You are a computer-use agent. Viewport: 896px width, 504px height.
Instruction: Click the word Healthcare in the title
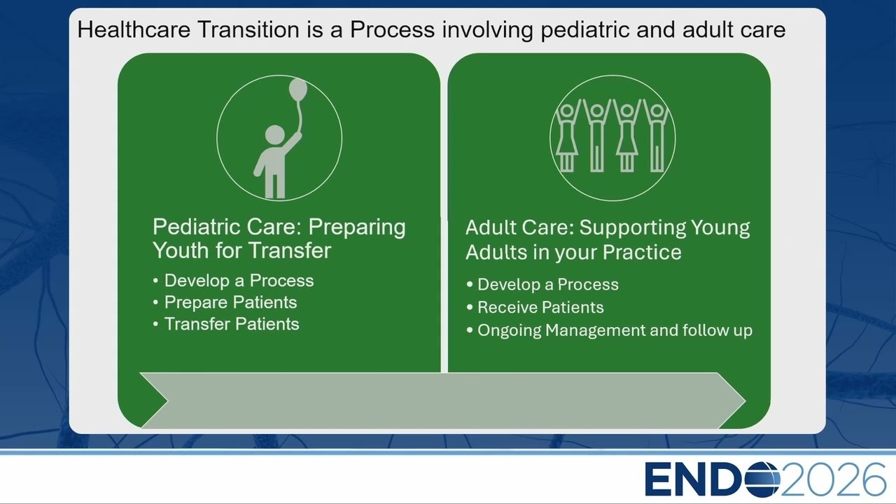click(134, 29)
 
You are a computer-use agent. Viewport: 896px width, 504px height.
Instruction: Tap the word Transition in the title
click(248, 29)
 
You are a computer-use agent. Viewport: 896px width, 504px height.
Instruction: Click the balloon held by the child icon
click(298, 89)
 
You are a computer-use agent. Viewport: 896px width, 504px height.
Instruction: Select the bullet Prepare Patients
click(230, 302)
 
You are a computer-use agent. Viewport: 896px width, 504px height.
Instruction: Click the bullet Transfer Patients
click(232, 324)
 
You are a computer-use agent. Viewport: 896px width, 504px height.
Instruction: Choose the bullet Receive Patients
click(540, 307)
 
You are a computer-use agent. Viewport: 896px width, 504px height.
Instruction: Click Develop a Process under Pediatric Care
click(239, 281)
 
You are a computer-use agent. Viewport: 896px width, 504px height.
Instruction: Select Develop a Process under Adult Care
click(548, 285)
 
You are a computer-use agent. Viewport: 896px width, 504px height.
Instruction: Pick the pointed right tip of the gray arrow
click(745, 400)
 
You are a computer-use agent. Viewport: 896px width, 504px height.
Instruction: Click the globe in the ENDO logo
click(762, 479)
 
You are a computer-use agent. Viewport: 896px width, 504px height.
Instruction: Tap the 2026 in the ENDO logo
click(833, 479)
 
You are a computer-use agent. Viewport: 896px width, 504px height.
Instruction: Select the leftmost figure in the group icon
click(567, 136)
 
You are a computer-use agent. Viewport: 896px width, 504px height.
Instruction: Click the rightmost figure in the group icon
click(657, 136)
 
